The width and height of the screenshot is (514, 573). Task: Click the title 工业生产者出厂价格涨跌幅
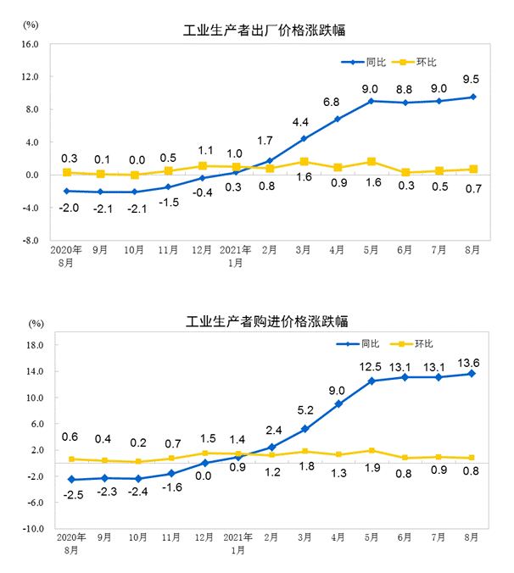[270, 32]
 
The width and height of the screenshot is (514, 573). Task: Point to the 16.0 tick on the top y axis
[30, 44]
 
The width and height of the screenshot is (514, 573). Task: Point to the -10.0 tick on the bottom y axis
[31, 529]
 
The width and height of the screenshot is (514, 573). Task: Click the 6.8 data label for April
[338, 103]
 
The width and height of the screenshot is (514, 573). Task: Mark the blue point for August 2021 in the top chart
[472, 97]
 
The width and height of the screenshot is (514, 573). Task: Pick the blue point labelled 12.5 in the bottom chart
[371, 381]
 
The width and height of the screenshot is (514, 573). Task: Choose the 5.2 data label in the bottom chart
[304, 411]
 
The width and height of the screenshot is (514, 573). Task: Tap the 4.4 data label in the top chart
[304, 122]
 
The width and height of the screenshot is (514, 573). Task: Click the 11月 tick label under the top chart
[168, 251]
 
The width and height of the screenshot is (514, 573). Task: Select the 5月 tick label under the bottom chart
[371, 538]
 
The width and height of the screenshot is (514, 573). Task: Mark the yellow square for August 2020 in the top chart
[66, 172]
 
